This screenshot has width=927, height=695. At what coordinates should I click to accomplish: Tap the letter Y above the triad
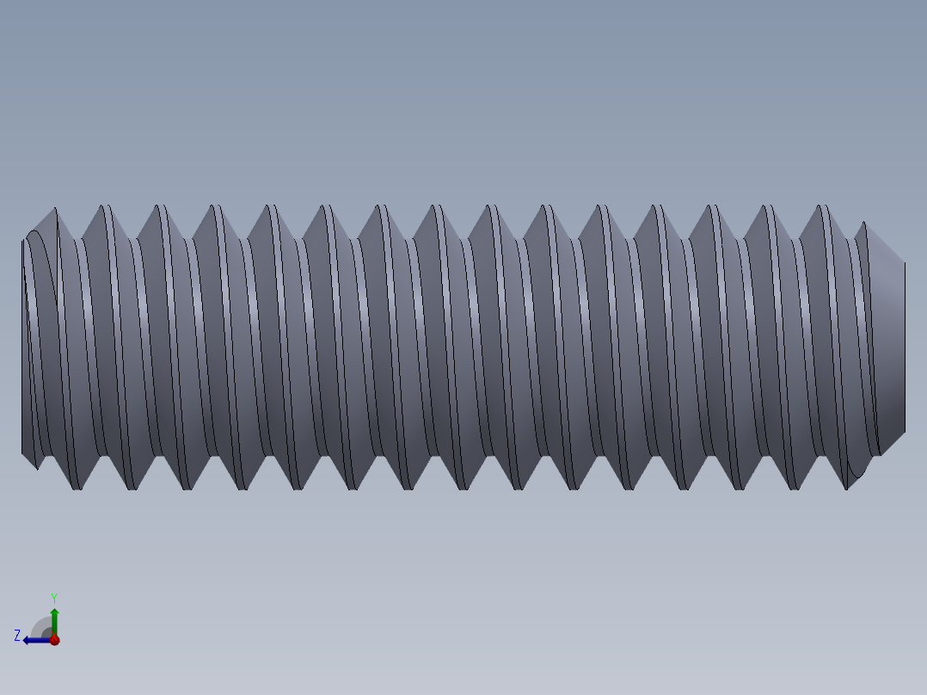pyautogui.click(x=54, y=597)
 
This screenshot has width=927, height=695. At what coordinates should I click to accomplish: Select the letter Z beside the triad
pyautogui.click(x=17, y=636)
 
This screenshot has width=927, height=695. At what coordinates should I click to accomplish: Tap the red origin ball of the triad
pyautogui.click(x=54, y=640)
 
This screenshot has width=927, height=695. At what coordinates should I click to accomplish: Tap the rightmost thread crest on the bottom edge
pyautogui.click(x=848, y=487)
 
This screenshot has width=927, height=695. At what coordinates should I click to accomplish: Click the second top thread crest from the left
pyautogui.click(x=106, y=208)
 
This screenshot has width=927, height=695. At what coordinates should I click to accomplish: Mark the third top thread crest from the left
pyautogui.click(x=161, y=208)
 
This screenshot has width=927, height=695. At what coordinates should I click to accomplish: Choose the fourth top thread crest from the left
pyautogui.click(x=216, y=208)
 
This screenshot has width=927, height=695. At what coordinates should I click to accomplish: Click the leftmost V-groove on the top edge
pyautogui.click(x=79, y=237)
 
